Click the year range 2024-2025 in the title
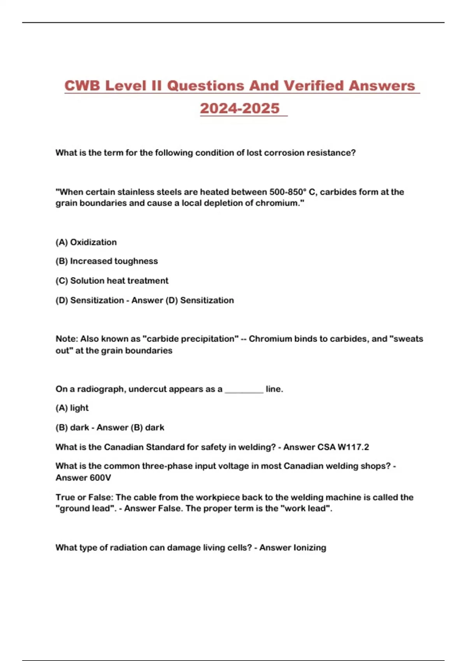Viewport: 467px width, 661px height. [x=240, y=108]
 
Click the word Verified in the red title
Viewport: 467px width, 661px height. [x=313, y=86]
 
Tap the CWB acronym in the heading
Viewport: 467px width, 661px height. [x=83, y=86]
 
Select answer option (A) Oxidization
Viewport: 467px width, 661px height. [x=86, y=242]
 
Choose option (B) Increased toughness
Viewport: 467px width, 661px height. [x=107, y=261]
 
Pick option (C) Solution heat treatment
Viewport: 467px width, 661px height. [x=112, y=281]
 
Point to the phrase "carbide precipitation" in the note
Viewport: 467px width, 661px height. [x=191, y=339]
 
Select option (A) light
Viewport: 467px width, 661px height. [x=72, y=408]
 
